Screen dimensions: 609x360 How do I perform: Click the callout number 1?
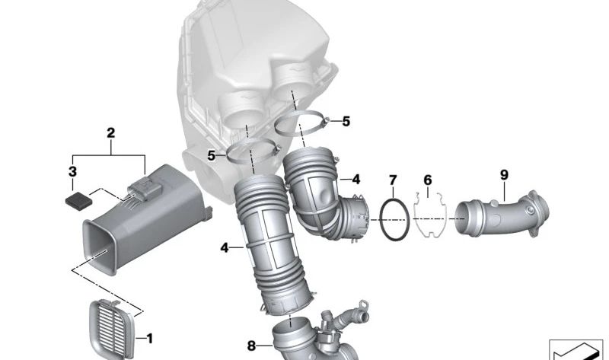point(149,339)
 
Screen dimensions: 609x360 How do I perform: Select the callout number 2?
point(110,133)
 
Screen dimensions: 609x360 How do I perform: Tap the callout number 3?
point(72,171)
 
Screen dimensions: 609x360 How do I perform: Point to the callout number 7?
point(393,180)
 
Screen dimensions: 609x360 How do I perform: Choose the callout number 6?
point(427,180)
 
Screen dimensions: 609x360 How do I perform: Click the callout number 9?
point(504,175)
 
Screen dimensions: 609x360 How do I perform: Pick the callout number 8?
point(251,346)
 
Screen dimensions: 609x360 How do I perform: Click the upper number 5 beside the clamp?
point(346,122)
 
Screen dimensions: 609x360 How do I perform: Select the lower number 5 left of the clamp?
point(211,156)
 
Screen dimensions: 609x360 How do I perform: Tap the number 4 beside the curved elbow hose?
point(356,180)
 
